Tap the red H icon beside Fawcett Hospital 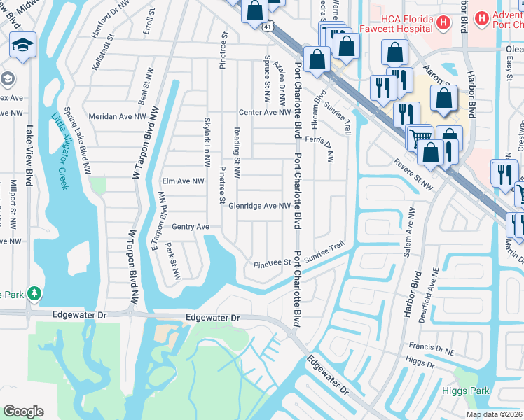click(442, 23)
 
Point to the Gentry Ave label click(191, 227)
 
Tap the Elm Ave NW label click(183, 181)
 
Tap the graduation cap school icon click(22, 45)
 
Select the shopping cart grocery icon click(420, 136)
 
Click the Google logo click(23, 412)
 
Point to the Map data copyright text click(495, 414)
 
